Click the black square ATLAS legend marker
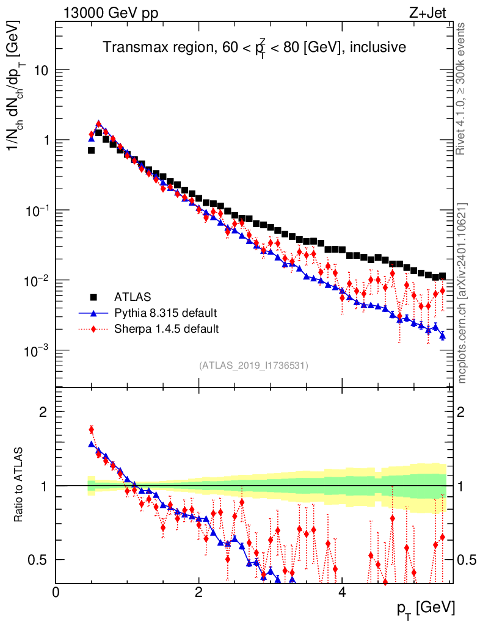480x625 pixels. coord(94,297)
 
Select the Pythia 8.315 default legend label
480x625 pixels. coord(165,313)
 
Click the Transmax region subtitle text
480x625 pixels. coord(254,48)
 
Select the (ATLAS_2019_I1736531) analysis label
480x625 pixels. coord(253,366)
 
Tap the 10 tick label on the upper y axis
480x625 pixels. coord(40,70)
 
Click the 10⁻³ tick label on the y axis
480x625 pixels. coord(35,350)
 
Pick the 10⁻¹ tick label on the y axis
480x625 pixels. coord(35,210)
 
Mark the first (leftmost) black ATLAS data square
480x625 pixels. coord(91,150)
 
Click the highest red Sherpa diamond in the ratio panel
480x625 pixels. coord(91,429)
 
